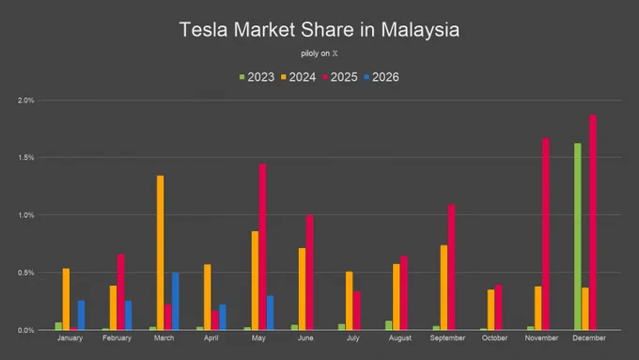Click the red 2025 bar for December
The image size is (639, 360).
(x=593, y=222)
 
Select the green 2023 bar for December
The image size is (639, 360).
(x=578, y=237)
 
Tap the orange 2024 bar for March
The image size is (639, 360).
(x=160, y=253)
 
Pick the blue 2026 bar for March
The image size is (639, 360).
(x=175, y=302)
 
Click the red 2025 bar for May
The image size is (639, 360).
(x=262, y=247)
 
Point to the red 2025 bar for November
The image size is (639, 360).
(x=545, y=234)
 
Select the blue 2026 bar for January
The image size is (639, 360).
(x=81, y=315)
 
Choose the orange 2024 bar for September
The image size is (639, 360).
(x=444, y=288)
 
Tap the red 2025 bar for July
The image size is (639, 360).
(x=356, y=311)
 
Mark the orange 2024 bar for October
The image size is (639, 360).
(x=491, y=310)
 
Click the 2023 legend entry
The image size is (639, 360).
(x=257, y=77)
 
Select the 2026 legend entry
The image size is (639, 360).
(x=382, y=77)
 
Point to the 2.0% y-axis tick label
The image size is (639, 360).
(x=25, y=101)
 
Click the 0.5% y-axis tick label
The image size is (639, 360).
(x=25, y=273)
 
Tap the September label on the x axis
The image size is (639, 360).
(x=447, y=338)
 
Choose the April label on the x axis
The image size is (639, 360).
(x=211, y=338)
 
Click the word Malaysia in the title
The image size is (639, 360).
(x=420, y=30)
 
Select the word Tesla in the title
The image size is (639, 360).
(x=203, y=30)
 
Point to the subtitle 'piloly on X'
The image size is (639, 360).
(x=319, y=54)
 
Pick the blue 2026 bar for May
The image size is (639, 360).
(x=270, y=313)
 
